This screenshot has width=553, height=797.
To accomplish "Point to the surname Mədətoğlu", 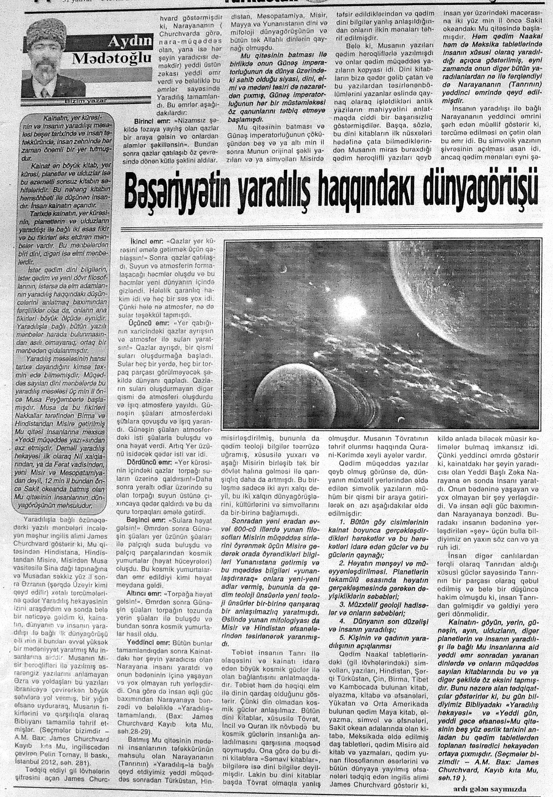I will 112,59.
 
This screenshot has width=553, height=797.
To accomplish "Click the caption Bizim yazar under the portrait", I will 83,100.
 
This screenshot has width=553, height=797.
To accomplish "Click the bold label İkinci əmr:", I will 145,240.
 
